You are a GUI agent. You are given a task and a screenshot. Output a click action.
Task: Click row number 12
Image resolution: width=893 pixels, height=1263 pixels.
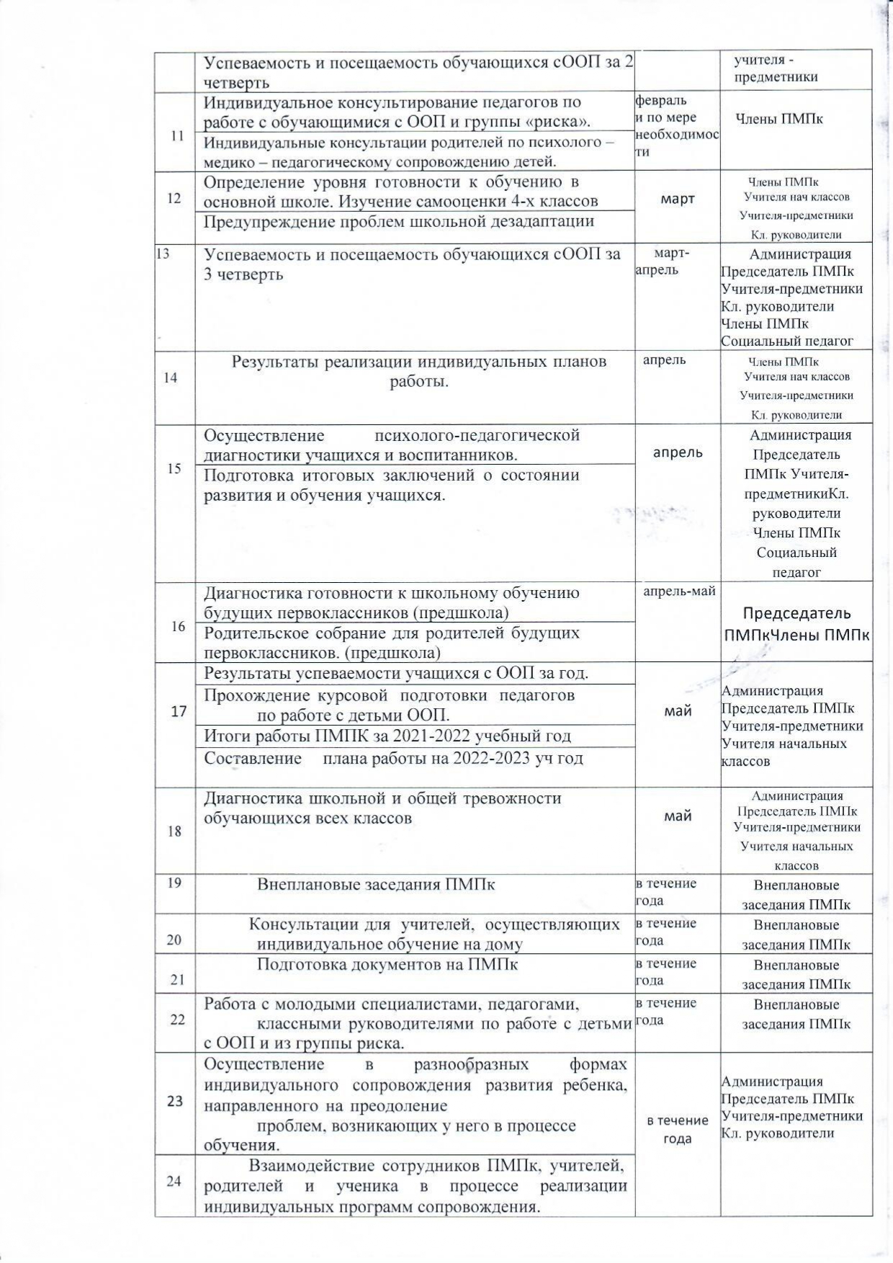pos(174,198)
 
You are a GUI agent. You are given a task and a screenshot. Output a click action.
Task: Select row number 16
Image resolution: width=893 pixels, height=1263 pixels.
pos(178,626)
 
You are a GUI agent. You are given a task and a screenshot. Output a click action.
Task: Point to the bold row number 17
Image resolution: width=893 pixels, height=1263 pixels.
pos(179,712)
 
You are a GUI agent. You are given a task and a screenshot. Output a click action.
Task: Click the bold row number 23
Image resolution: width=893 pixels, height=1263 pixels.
pos(174,1101)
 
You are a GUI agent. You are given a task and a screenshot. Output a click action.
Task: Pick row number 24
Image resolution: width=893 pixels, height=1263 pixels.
pos(174,1181)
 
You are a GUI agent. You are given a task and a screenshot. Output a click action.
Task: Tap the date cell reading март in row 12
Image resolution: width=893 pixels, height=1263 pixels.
pos(677,199)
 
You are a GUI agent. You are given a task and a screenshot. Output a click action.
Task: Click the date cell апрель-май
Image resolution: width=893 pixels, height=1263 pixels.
pos(679,592)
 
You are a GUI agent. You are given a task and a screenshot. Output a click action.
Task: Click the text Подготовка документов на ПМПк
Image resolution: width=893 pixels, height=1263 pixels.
pos(387,965)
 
